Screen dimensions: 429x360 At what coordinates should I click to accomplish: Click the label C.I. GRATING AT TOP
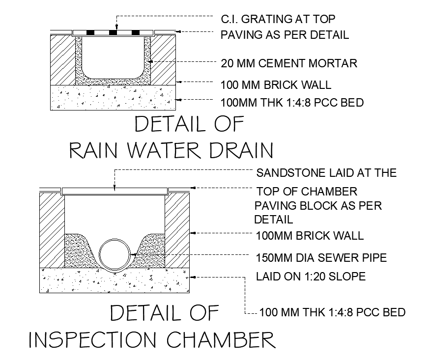[x=278, y=20]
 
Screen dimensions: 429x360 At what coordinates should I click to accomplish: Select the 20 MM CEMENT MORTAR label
[x=289, y=63]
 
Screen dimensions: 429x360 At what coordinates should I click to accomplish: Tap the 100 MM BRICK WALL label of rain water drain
[x=276, y=85]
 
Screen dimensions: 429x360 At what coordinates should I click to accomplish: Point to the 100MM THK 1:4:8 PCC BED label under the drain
[x=292, y=103]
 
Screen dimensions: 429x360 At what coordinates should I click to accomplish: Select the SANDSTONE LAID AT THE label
[x=326, y=173]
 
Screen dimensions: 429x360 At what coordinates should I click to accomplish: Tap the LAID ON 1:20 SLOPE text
[x=311, y=277]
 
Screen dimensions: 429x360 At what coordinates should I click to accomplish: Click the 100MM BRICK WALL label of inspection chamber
[x=310, y=236]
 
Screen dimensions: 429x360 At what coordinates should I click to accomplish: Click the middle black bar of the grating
[x=113, y=33]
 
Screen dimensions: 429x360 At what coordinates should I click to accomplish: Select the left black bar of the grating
[x=91, y=33]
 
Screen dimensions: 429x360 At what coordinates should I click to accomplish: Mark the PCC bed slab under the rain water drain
[x=114, y=97]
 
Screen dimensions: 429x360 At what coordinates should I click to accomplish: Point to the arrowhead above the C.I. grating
[x=116, y=28]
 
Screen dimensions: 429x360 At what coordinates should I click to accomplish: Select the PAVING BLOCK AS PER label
[x=318, y=205]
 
